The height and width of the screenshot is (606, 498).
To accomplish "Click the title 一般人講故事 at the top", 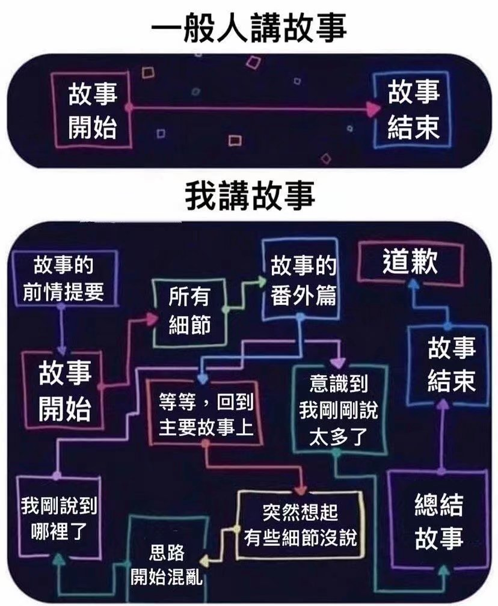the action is (x=248, y=28).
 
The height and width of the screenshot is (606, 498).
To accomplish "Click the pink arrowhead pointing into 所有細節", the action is (x=152, y=318).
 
